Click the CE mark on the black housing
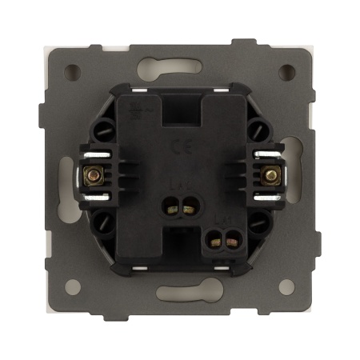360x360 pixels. click(175, 147)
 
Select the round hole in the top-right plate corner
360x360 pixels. click(286, 70)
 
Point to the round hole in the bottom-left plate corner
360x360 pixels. click(74, 282)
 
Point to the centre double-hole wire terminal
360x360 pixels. click(179, 210)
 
